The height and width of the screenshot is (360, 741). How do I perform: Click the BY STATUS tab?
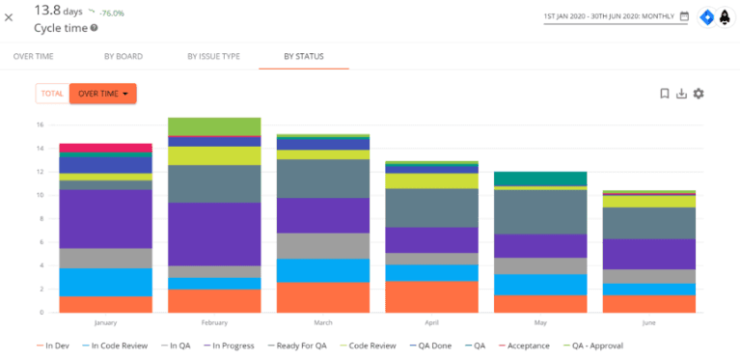click(303, 56)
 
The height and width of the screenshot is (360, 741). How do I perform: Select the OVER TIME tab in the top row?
click(33, 56)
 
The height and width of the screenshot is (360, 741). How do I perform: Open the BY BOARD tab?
click(123, 56)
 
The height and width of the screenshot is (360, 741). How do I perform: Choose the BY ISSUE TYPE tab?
click(213, 56)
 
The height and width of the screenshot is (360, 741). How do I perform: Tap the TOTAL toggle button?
click(52, 94)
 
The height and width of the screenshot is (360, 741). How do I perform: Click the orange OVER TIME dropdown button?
click(102, 94)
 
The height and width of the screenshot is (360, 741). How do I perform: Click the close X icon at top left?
click(9, 17)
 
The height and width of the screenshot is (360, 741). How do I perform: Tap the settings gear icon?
click(699, 94)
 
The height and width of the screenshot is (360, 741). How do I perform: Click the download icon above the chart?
click(681, 94)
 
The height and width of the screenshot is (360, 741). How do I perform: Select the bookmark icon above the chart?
click(664, 94)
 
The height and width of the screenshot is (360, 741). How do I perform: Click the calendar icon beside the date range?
click(684, 16)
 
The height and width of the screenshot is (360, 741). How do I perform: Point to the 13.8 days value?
click(58, 10)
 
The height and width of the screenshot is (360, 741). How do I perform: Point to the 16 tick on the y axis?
click(41, 125)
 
